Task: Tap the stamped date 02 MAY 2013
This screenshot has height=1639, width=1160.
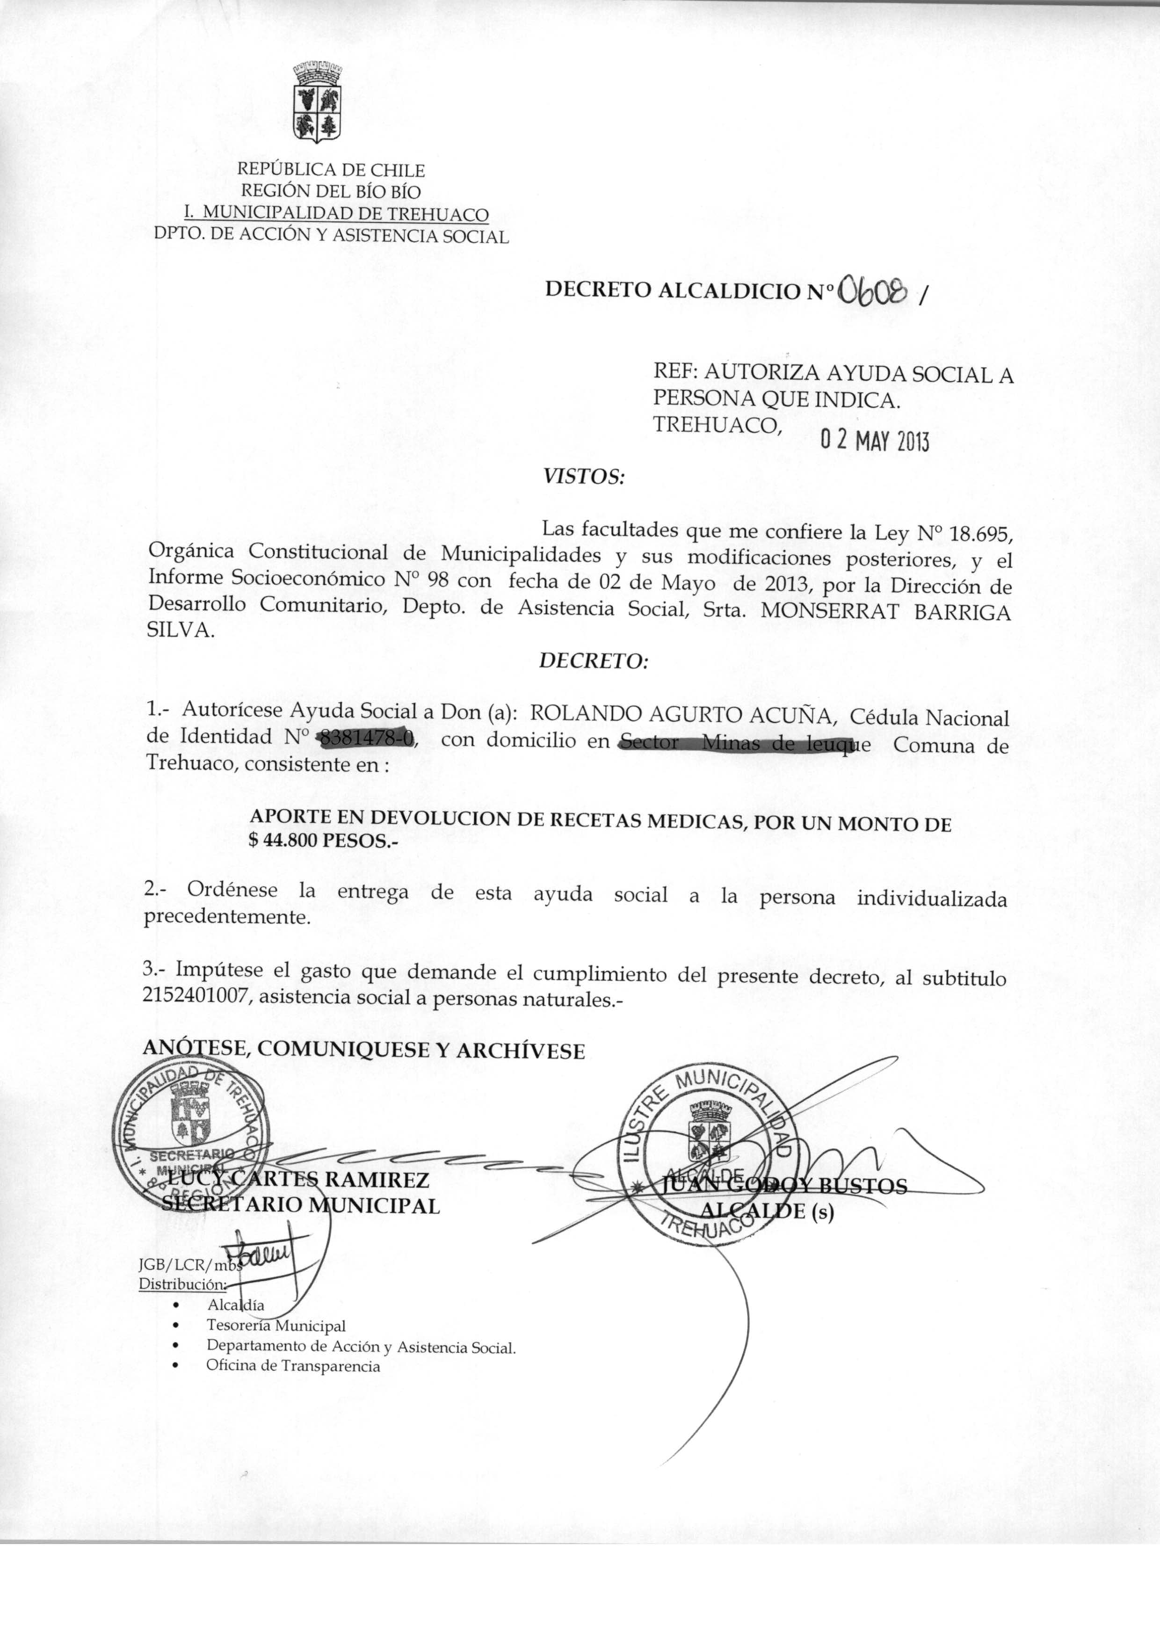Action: coord(874,442)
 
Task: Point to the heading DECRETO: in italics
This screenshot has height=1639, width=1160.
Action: coord(593,661)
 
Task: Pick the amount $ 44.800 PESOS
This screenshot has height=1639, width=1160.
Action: coord(322,841)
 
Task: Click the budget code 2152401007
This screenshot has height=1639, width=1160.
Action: coord(196,998)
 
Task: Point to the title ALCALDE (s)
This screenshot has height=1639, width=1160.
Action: coord(767,1211)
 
